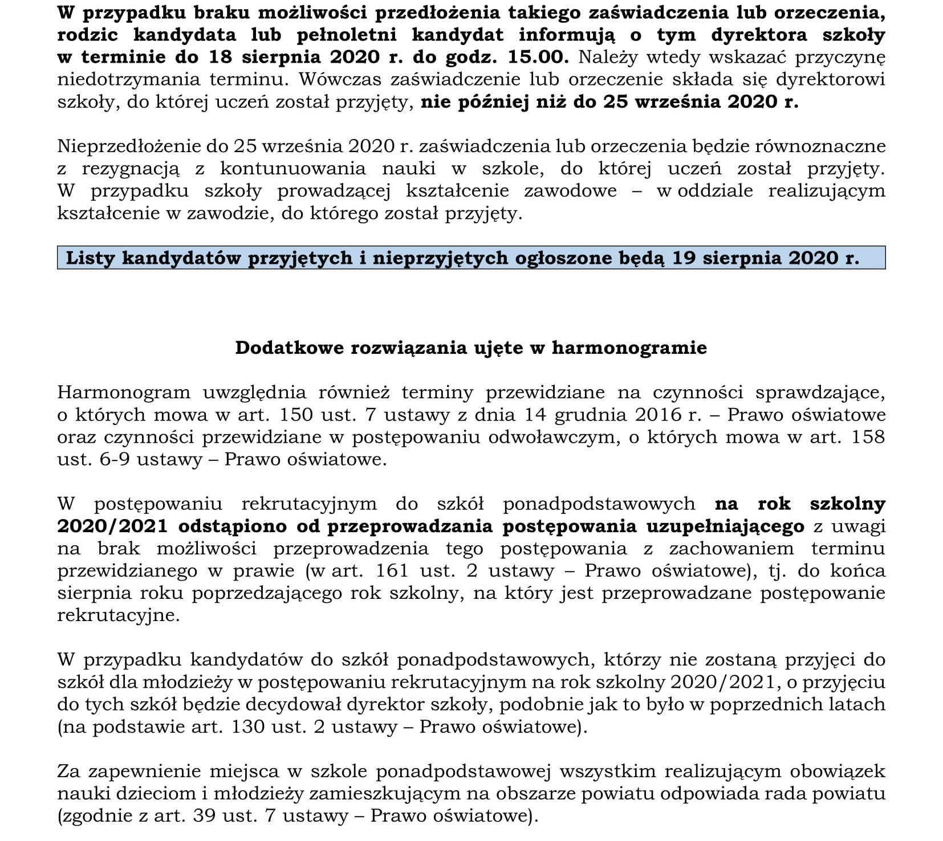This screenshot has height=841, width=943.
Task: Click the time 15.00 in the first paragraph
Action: click(x=542, y=57)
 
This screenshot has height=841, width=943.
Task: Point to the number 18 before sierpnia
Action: click(x=220, y=57)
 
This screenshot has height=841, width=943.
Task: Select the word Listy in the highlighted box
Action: click(x=91, y=258)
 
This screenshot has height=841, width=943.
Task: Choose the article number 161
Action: click(x=392, y=570)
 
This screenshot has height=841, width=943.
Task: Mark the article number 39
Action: click(x=204, y=816)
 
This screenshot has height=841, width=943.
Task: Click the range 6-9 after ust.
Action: click(x=115, y=459)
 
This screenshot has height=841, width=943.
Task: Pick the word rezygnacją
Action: click(x=131, y=169)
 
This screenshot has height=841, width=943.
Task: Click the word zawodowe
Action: click(x=570, y=191)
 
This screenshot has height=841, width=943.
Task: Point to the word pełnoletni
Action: click(x=347, y=35)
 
